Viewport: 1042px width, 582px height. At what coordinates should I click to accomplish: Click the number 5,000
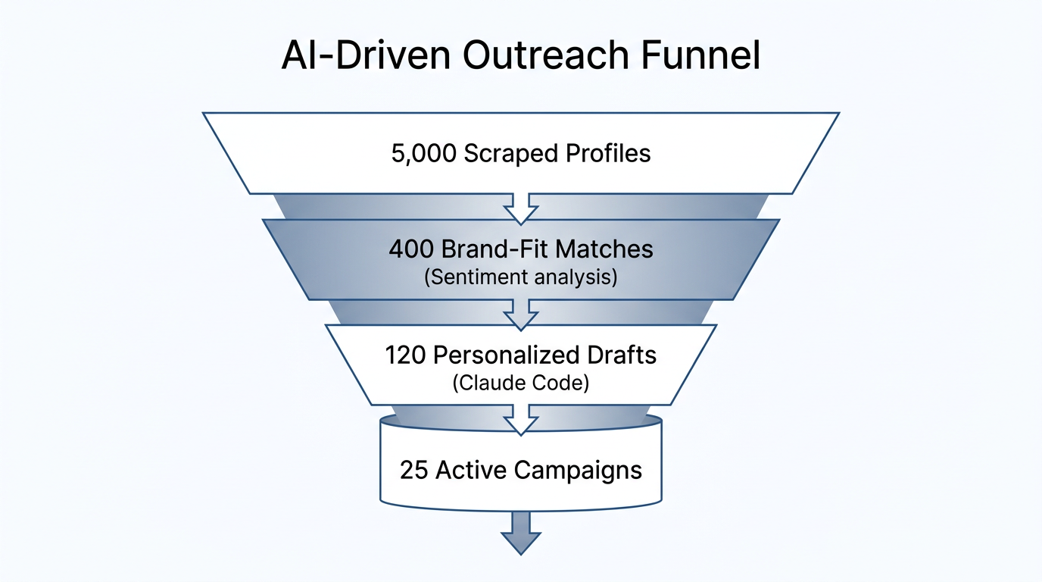424,153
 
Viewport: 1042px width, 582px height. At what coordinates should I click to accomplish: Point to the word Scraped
511,153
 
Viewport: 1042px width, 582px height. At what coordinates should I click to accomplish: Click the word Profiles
608,153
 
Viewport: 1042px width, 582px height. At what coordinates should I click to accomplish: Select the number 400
412,249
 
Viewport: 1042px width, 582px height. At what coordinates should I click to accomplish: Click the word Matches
608,249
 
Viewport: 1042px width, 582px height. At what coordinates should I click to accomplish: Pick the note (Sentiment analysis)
520,277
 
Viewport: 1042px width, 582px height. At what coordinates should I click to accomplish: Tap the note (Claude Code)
520,383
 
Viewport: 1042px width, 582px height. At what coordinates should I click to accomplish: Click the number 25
414,470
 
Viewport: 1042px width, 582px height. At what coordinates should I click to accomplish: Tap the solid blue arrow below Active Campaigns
520,534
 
